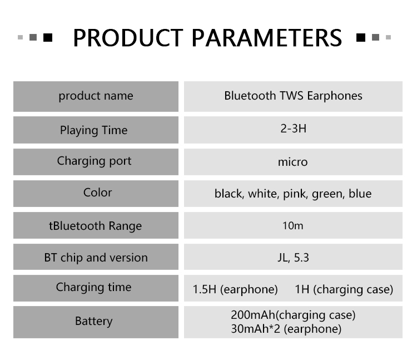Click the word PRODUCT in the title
[x=128, y=38]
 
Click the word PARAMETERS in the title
[x=267, y=38]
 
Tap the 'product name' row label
[x=96, y=96]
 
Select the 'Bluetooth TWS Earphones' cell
[x=293, y=96]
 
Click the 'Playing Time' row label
[x=93, y=130]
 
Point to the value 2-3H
[x=293, y=129]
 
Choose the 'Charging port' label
[x=94, y=161]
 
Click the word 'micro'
[x=293, y=162]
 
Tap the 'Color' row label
[x=98, y=193]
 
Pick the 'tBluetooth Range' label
[x=95, y=226]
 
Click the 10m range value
[x=293, y=226]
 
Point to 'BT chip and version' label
[x=96, y=258]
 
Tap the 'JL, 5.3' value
[x=293, y=258]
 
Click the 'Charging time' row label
[x=93, y=287]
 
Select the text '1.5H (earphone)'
[x=235, y=289]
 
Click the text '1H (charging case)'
[x=344, y=289]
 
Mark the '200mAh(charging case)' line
[x=293, y=315]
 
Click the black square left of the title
[x=48, y=37]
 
